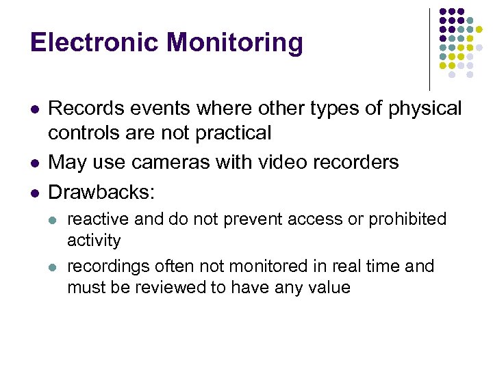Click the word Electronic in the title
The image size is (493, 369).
click(x=94, y=43)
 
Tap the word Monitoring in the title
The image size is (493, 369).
click(x=234, y=43)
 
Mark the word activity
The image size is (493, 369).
click(x=93, y=241)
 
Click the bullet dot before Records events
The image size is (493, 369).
click(x=36, y=109)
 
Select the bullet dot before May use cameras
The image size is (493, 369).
click(x=36, y=163)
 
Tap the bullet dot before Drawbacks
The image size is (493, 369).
click(x=36, y=192)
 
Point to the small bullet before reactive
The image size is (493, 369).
click(x=55, y=220)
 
